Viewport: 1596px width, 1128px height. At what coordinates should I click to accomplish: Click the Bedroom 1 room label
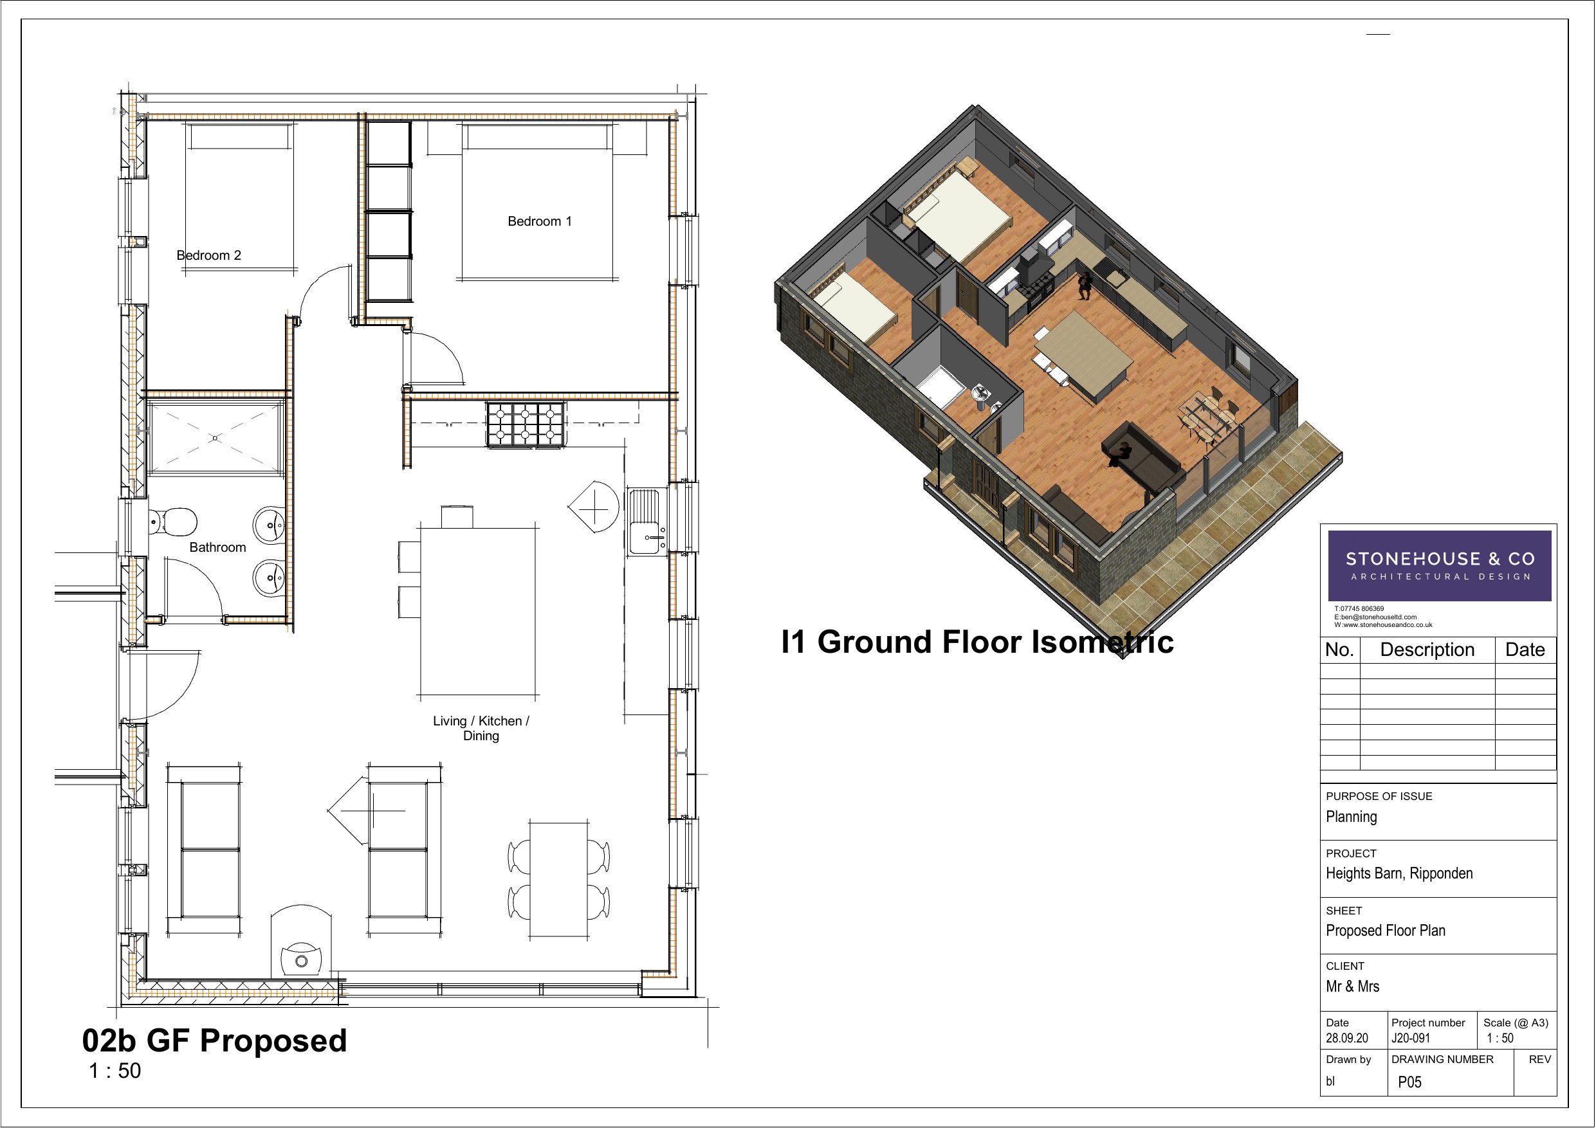pyautogui.click(x=540, y=221)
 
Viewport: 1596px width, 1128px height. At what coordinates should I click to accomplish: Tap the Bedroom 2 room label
pyautogui.click(x=208, y=255)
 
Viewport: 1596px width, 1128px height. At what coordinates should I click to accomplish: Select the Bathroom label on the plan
pyautogui.click(x=217, y=547)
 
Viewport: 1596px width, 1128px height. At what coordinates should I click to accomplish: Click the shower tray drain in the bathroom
pyautogui.click(x=215, y=438)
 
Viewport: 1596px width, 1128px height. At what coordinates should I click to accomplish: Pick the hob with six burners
pyautogui.click(x=525, y=424)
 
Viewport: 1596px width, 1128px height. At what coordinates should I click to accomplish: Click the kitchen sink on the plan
pyautogui.click(x=647, y=522)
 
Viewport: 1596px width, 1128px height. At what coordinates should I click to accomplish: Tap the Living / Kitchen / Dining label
pyautogui.click(x=481, y=728)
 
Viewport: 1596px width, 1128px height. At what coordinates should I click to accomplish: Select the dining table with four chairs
pyautogui.click(x=559, y=879)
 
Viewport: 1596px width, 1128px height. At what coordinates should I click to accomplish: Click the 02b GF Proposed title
pyautogui.click(x=214, y=1041)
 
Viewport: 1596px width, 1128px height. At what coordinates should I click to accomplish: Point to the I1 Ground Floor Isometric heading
pyautogui.click(x=977, y=641)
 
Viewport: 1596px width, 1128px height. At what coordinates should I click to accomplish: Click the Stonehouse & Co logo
pyautogui.click(x=1439, y=566)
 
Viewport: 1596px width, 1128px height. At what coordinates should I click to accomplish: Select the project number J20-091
pyautogui.click(x=1410, y=1039)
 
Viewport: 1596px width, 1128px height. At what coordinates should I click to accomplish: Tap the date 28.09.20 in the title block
pyautogui.click(x=1346, y=1039)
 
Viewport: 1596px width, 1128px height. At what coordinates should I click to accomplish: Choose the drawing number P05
pyautogui.click(x=1409, y=1082)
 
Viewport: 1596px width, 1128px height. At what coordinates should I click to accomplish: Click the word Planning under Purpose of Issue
pyautogui.click(x=1352, y=817)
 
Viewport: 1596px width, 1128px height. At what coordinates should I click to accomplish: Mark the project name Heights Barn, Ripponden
pyautogui.click(x=1399, y=873)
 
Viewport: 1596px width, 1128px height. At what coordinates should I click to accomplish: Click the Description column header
pyautogui.click(x=1427, y=650)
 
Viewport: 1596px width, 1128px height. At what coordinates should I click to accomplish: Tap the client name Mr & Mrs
pyautogui.click(x=1352, y=987)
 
